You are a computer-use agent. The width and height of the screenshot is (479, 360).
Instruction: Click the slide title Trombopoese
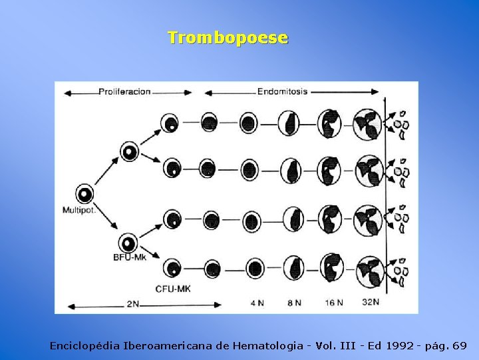(228, 37)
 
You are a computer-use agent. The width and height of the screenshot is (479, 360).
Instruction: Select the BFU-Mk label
(130, 257)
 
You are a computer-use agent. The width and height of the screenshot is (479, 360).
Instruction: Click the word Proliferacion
(124, 91)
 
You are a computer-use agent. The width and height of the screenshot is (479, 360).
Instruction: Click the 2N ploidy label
(132, 303)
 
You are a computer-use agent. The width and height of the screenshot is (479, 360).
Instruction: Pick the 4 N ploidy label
(257, 302)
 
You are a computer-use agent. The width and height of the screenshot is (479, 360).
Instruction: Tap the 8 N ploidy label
(293, 302)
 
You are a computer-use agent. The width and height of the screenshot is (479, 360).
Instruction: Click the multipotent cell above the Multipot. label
(84, 194)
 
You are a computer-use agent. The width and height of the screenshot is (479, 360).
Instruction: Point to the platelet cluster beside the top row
(400, 123)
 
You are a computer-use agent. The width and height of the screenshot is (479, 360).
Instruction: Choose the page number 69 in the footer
(459, 346)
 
